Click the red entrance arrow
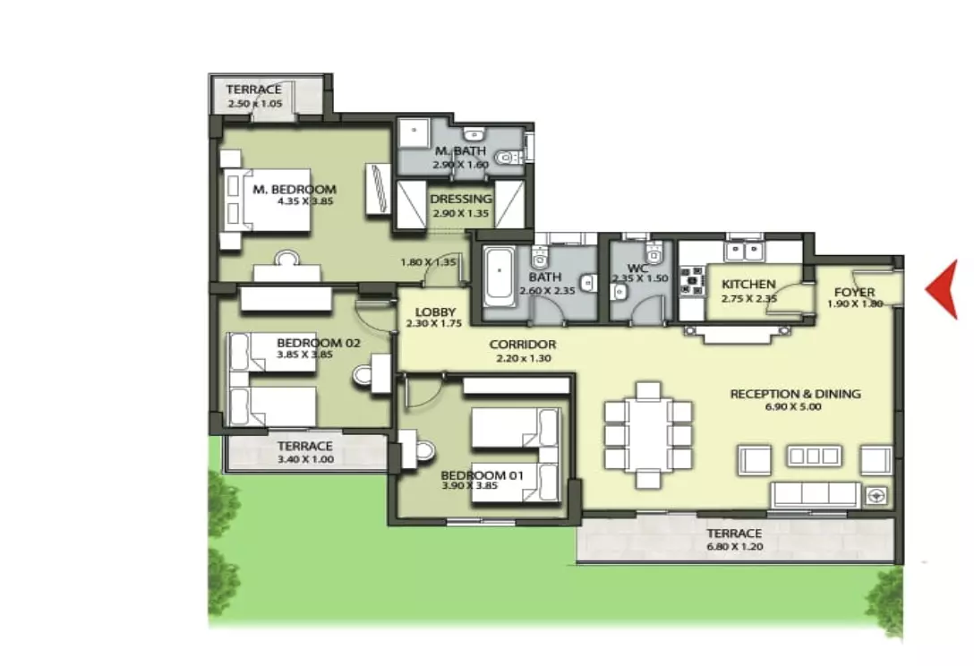pyautogui.click(x=943, y=289)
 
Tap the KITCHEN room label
pyautogui.click(x=748, y=284)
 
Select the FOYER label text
pyautogui.click(x=854, y=292)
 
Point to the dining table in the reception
pyautogui.click(x=648, y=434)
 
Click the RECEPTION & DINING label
pyautogui.click(x=795, y=393)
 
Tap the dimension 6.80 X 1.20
pyautogui.click(x=735, y=547)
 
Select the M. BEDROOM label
pyautogui.click(x=295, y=189)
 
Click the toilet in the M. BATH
pyautogui.click(x=508, y=158)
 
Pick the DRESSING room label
pyautogui.click(x=460, y=199)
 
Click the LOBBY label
pyautogui.click(x=435, y=312)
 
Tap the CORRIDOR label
pyautogui.click(x=523, y=344)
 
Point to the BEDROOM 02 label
pyautogui.click(x=318, y=343)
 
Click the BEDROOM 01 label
pyautogui.click(x=482, y=475)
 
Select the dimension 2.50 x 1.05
pyautogui.click(x=254, y=103)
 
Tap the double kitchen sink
pyautogui.click(x=744, y=252)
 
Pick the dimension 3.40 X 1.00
pyautogui.click(x=305, y=459)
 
